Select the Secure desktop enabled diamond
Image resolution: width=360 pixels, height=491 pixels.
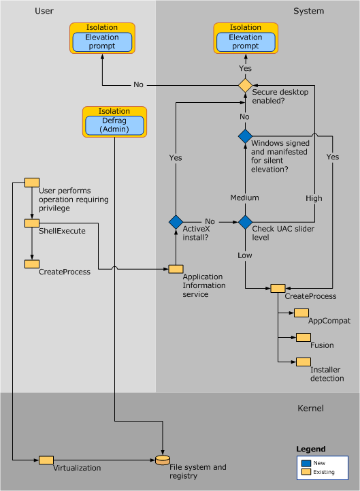(x=245, y=85)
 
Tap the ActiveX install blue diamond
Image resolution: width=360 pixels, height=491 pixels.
(x=176, y=221)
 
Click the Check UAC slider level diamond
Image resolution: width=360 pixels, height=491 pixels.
(x=245, y=221)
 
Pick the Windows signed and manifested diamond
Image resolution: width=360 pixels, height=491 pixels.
(x=245, y=136)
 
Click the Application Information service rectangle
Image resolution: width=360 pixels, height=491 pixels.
(x=176, y=270)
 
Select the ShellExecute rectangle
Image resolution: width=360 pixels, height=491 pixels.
(x=32, y=223)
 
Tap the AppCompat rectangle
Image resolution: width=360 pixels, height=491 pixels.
(x=301, y=313)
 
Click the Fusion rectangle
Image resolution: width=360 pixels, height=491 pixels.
(x=301, y=337)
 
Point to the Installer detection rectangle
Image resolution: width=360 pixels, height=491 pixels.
(x=301, y=362)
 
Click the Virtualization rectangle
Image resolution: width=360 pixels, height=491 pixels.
(x=46, y=460)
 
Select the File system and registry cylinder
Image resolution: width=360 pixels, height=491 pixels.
(x=163, y=460)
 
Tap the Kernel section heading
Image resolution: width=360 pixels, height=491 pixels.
(x=311, y=409)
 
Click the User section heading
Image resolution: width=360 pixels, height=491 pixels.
(x=44, y=11)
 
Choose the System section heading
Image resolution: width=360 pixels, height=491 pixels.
(x=308, y=11)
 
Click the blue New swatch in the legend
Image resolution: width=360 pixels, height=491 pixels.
(x=307, y=461)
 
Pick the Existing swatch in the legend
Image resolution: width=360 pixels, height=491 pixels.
(x=307, y=471)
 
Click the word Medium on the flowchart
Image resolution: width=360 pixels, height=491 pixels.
(x=245, y=197)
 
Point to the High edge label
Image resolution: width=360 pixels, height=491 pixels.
(x=314, y=197)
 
